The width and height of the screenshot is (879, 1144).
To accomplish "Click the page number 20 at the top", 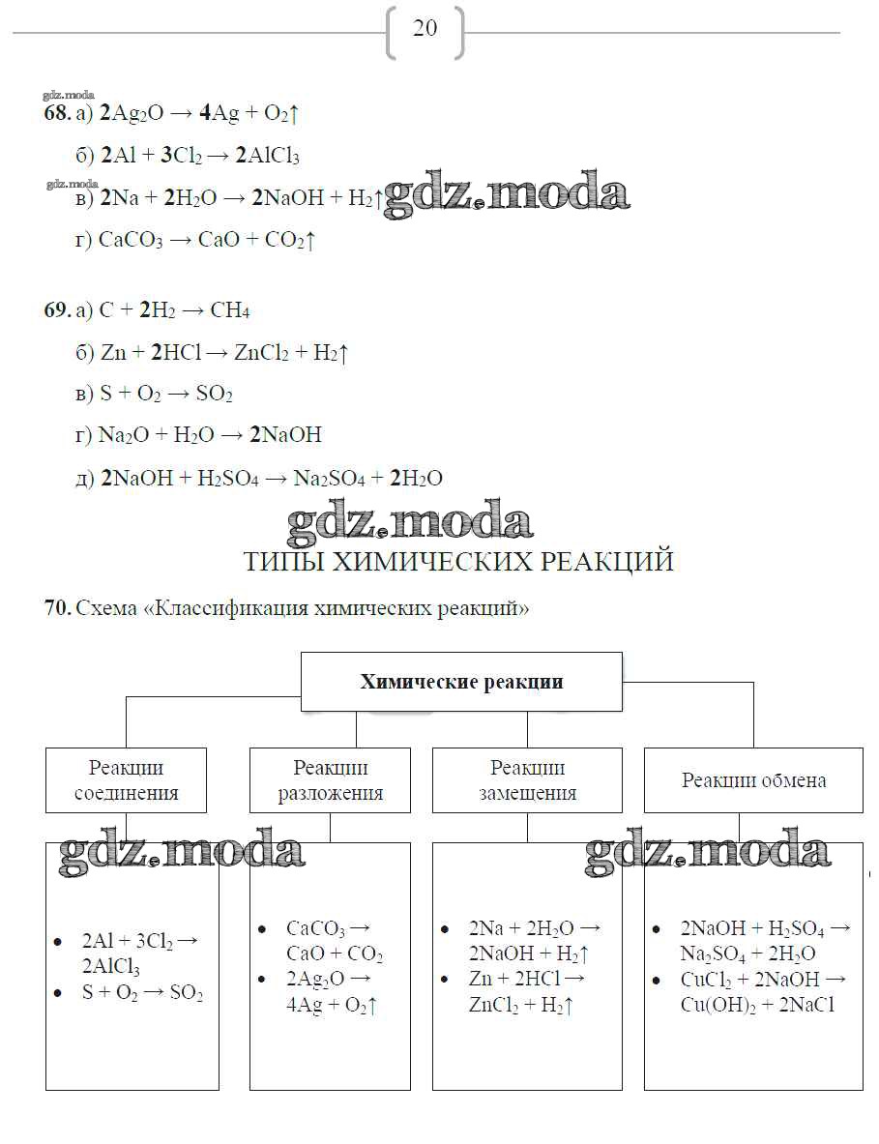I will coord(425,28).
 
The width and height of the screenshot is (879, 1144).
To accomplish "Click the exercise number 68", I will coord(56,113).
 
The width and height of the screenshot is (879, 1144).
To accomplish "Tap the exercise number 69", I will coord(56,310).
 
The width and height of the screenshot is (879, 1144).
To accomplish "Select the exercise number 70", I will coord(56,608).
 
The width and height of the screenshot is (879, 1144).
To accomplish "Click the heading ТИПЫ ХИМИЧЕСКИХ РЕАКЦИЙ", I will coord(458,562).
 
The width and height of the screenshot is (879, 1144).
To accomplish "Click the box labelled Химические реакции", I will coord(461,682).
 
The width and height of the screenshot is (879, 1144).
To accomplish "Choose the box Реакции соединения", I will coord(126,779).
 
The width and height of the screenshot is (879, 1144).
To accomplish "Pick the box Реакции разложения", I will coord(330,779).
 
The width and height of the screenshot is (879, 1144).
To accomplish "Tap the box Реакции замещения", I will coord(527,779).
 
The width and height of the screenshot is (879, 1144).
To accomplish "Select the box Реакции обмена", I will coord(753,779).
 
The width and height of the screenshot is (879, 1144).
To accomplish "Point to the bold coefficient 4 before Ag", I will coord(205,113).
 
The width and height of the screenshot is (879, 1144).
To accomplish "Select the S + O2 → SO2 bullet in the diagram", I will coord(142,993).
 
